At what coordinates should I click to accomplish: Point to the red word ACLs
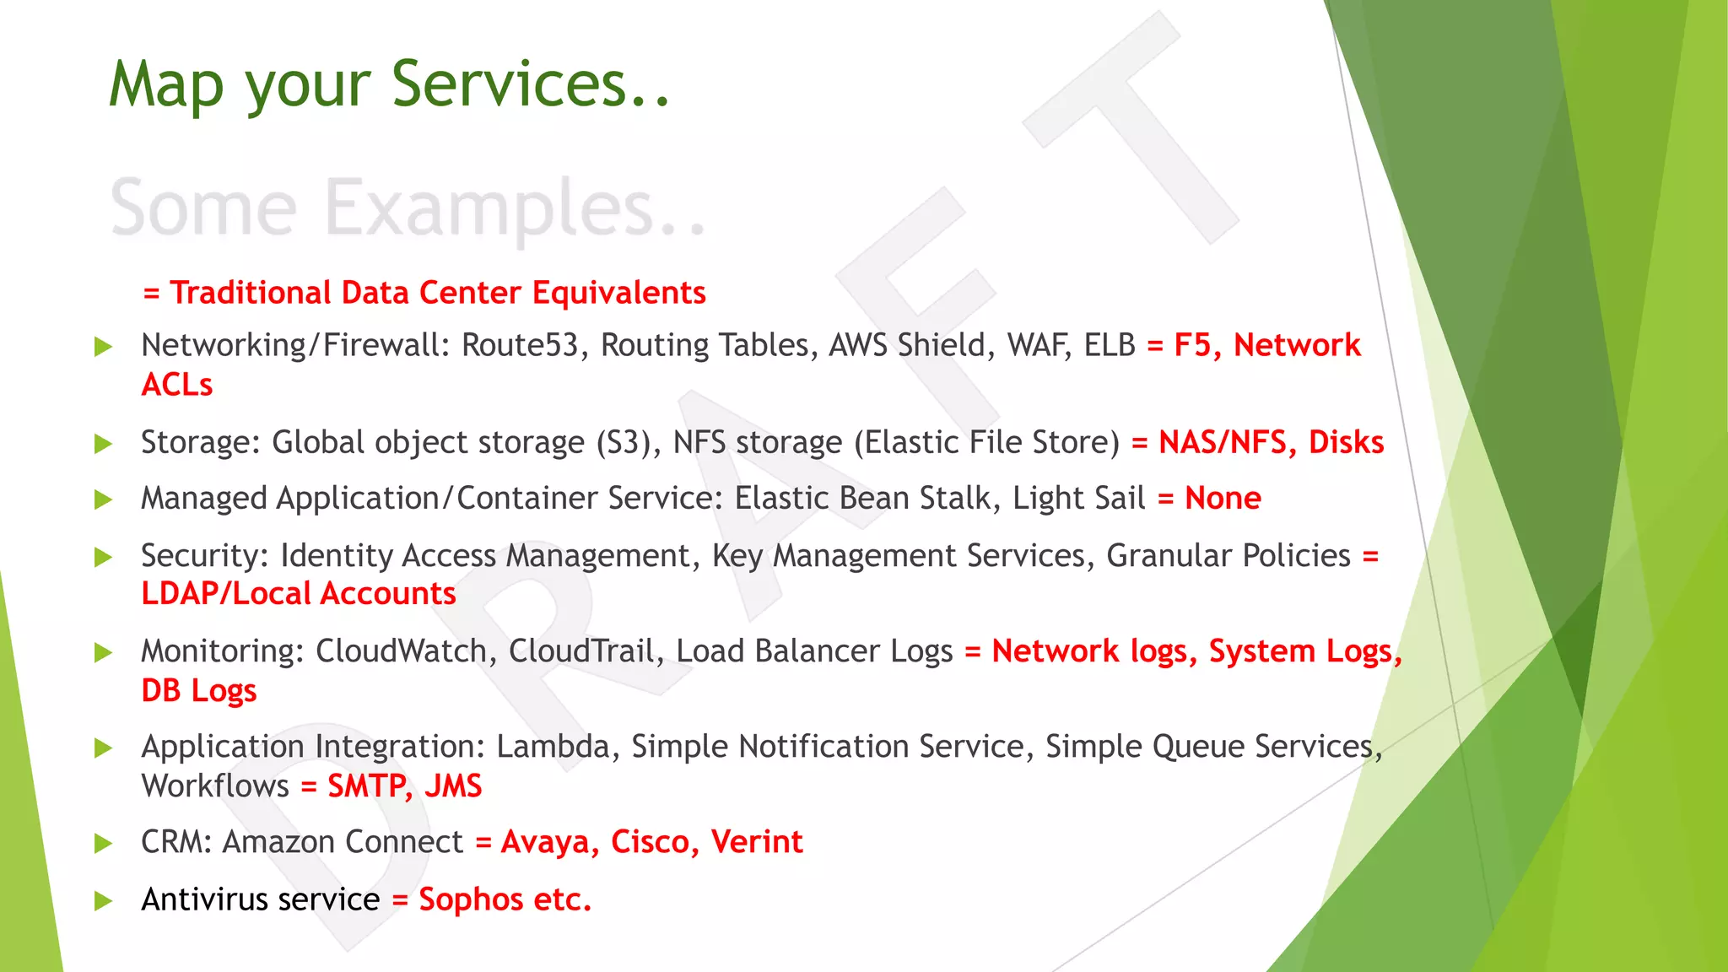pyautogui.click(x=177, y=385)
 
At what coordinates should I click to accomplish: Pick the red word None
pyautogui.click(x=1223, y=498)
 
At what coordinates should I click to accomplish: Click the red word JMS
pyautogui.click(x=453, y=786)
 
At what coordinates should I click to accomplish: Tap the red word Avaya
pyautogui.click(x=549, y=842)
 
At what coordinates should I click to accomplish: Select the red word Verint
pyautogui.click(x=756, y=842)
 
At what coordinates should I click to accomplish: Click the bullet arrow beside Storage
pyautogui.click(x=103, y=443)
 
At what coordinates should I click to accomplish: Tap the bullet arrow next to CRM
pyautogui.click(x=103, y=843)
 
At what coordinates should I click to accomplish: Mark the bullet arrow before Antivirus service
pyautogui.click(x=103, y=900)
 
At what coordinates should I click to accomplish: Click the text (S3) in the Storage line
pyautogui.click(x=628, y=443)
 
